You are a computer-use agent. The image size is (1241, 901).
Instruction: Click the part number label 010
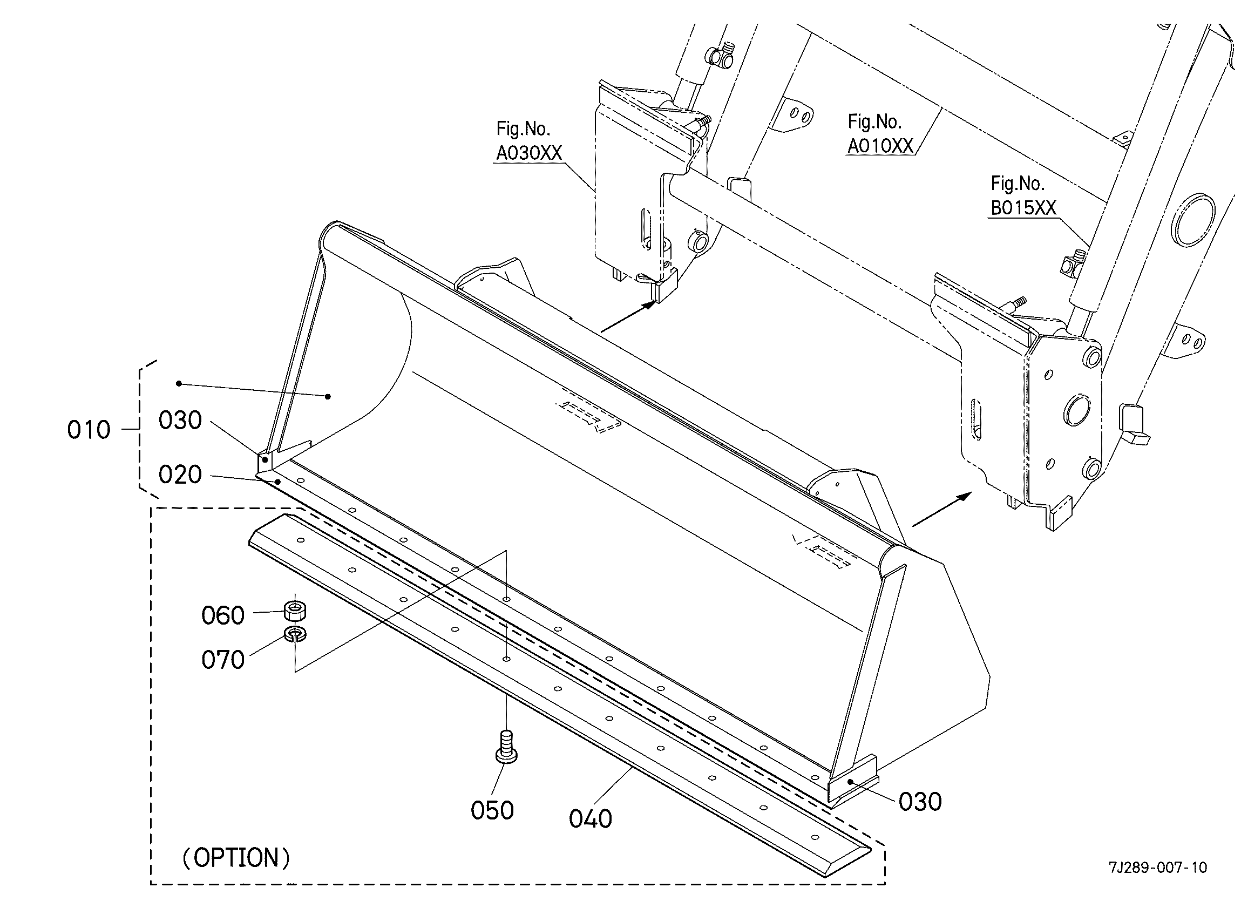point(89,430)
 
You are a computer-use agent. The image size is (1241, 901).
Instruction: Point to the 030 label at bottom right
point(920,802)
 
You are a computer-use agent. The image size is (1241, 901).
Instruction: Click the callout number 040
point(591,819)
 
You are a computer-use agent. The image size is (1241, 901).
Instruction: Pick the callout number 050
point(492,811)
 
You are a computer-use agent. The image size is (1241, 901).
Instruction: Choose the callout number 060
point(223,616)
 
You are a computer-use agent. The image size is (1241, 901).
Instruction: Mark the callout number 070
point(223,660)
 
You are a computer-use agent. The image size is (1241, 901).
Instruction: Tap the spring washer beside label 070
point(295,634)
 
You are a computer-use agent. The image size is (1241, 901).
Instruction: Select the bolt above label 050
point(506,746)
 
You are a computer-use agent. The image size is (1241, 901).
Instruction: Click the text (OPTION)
point(236,858)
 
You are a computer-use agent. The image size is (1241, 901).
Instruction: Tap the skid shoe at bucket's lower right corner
point(852,783)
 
